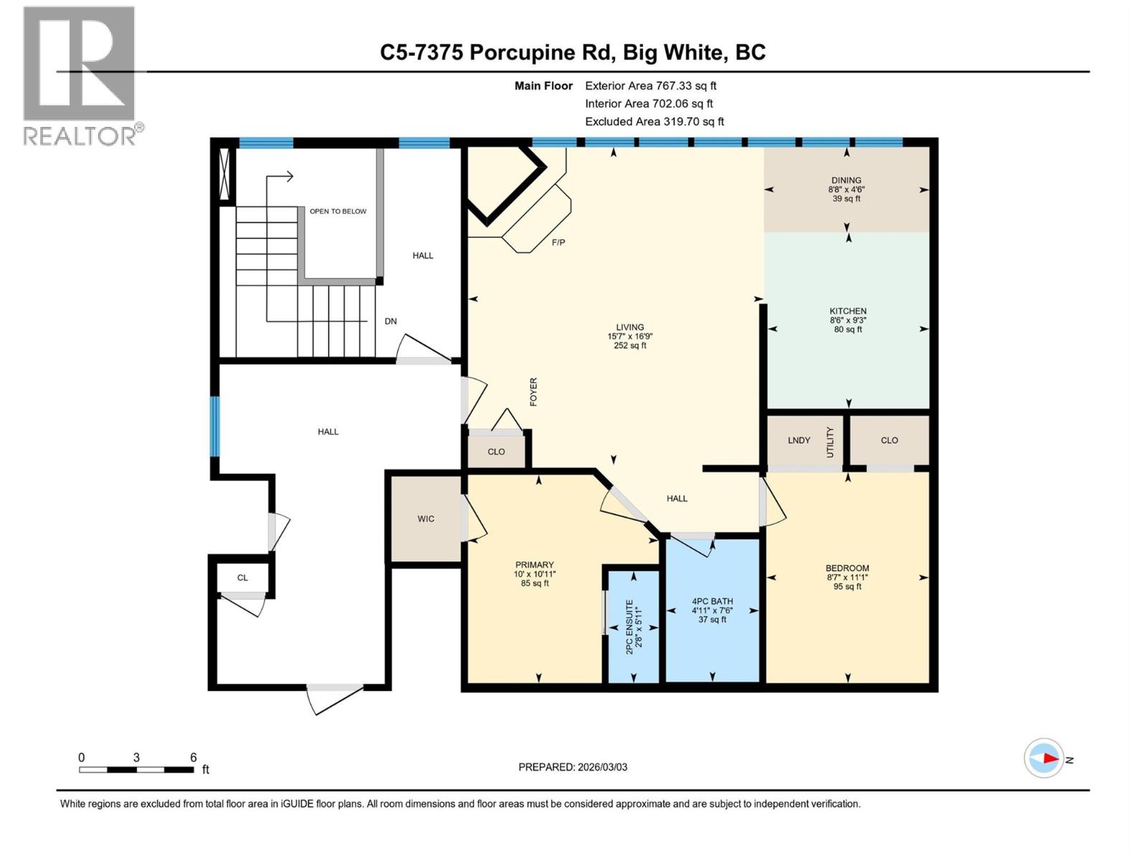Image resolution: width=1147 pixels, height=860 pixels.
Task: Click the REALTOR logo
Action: (80, 75)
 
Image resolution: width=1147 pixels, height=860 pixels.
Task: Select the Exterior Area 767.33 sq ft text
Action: (650, 85)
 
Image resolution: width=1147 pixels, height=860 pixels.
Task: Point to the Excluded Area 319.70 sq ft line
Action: (654, 121)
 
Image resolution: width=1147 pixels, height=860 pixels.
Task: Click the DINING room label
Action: (846, 181)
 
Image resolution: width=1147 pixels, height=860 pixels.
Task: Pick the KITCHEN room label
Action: (847, 311)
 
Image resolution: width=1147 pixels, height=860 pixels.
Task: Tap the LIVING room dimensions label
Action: (629, 336)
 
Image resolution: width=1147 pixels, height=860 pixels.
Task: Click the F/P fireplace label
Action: (558, 242)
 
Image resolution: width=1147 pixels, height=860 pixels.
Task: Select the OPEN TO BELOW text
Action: (338, 211)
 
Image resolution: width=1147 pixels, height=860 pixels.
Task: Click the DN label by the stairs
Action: (390, 321)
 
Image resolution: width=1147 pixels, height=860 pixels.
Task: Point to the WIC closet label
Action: (425, 519)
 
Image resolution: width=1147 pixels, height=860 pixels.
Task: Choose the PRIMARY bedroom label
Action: (534, 565)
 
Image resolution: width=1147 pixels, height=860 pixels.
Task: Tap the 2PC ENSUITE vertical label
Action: (629, 626)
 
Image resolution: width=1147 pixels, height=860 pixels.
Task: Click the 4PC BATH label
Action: (712, 601)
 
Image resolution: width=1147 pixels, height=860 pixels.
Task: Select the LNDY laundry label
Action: (799, 440)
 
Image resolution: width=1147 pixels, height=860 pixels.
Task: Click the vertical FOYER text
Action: (533, 392)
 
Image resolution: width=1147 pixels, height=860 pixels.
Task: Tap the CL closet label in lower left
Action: (242, 578)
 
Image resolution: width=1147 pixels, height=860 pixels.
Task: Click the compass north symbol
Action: (1044, 758)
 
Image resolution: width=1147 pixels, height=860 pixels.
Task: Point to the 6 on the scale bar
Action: (193, 758)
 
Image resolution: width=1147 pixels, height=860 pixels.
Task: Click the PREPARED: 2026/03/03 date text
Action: (572, 767)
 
